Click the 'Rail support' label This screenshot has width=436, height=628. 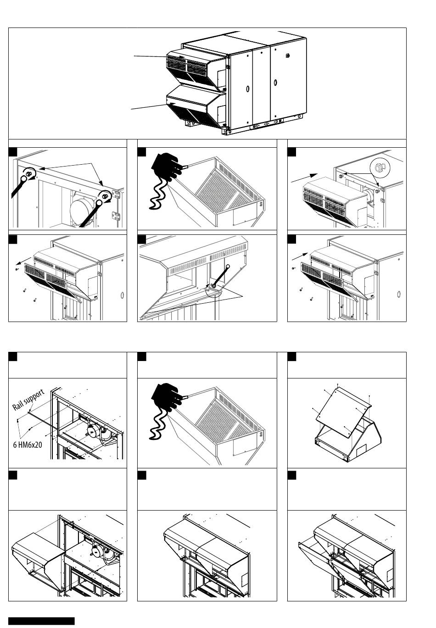[28, 400]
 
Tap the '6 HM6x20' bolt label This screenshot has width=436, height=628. [28, 445]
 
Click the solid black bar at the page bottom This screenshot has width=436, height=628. [41, 621]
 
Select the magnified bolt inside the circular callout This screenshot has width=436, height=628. [380, 167]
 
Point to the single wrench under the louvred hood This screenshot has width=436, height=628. [221, 276]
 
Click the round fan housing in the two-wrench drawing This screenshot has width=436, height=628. [81, 210]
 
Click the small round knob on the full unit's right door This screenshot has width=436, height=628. [288, 56]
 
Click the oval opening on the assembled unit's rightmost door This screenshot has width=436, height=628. [275, 83]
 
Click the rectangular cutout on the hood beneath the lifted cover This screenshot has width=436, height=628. [362, 449]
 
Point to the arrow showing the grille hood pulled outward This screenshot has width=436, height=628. [23, 261]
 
